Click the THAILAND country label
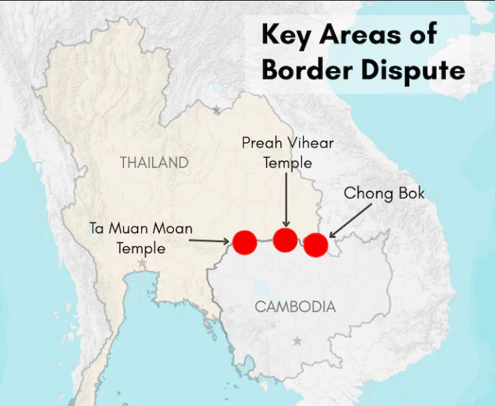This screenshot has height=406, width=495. click(x=154, y=163)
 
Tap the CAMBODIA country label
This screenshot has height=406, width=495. click(x=295, y=306)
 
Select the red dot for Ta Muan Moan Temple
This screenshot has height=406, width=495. click(x=244, y=242)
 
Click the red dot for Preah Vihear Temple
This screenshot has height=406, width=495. click(x=285, y=239)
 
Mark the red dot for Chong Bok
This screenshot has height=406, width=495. click(x=316, y=245)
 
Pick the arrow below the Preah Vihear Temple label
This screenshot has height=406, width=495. click(x=286, y=201)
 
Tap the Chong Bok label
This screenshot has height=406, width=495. click(x=384, y=193)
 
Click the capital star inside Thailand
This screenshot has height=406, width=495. click(x=142, y=264)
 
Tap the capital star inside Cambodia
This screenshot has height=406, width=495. click(x=298, y=341)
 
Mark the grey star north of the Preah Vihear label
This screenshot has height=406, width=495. click(x=216, y=110)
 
